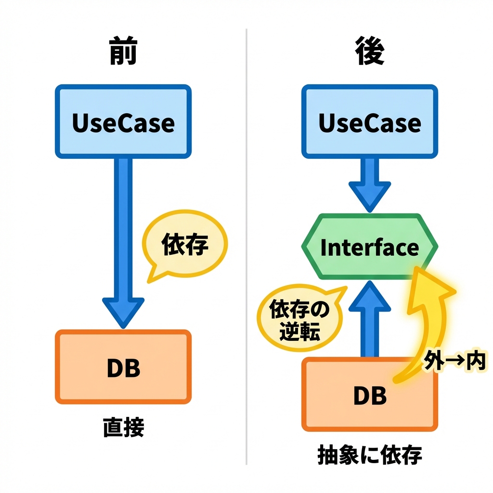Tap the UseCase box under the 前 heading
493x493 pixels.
(x=123, y=122)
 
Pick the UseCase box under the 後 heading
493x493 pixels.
(x=370, y=122)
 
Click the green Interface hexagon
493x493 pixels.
(x=370, y=247)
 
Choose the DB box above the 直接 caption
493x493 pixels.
(x=123, y=367)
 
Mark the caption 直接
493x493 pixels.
(x=124, y=427)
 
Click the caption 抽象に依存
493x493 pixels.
(x=370, y=455)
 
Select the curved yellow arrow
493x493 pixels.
(x=428, y=318)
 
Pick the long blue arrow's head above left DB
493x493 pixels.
(x=123, y=312)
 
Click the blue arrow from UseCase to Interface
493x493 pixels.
(x=370, y=185)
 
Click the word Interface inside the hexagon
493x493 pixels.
(x=370, y=247)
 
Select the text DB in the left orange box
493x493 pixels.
(x=123, y=368)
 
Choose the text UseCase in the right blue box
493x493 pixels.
(x=370, y=123)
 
